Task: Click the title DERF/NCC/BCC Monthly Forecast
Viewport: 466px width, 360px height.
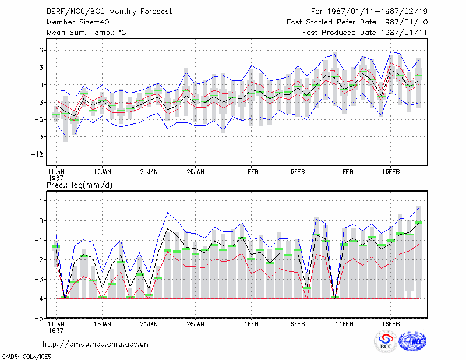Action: [x=109, y=12]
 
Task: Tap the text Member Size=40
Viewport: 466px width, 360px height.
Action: [x=78, y=22]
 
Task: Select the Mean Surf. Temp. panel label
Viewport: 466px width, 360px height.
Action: [x=86, y=33]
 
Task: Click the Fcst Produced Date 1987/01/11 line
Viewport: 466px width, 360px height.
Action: [x=365, y=33]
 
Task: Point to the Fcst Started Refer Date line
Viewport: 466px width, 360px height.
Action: [x=357, y=22]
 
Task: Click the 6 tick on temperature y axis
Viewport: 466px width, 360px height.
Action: [x=41, y=51]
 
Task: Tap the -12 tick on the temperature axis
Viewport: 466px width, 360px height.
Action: [x=37, y=154]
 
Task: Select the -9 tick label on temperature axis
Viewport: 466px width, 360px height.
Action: [x=39, y=137]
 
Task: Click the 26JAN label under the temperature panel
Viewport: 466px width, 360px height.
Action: [x=195, y=172]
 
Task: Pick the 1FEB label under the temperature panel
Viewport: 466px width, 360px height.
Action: [x=252, y=172]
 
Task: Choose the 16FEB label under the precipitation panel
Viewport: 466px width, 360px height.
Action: [x=390, y=324]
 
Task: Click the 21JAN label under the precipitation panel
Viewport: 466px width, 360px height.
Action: [x=149, y=324]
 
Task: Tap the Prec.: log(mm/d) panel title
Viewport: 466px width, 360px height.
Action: [x=79, y=185]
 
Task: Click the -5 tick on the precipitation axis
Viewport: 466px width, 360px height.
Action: [x=39, y=319]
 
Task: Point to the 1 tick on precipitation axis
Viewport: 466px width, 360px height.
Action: [x=41, y=201]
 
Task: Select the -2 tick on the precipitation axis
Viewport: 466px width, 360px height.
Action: [x=39, y=260]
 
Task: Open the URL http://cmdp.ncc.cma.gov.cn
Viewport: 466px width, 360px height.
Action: [x=96, y=344]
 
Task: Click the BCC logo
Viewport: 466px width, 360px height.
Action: [x=386, y=341]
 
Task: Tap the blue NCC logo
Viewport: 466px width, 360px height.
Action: [x=412, y=341]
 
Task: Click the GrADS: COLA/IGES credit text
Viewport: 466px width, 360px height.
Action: [x=27, y=357]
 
